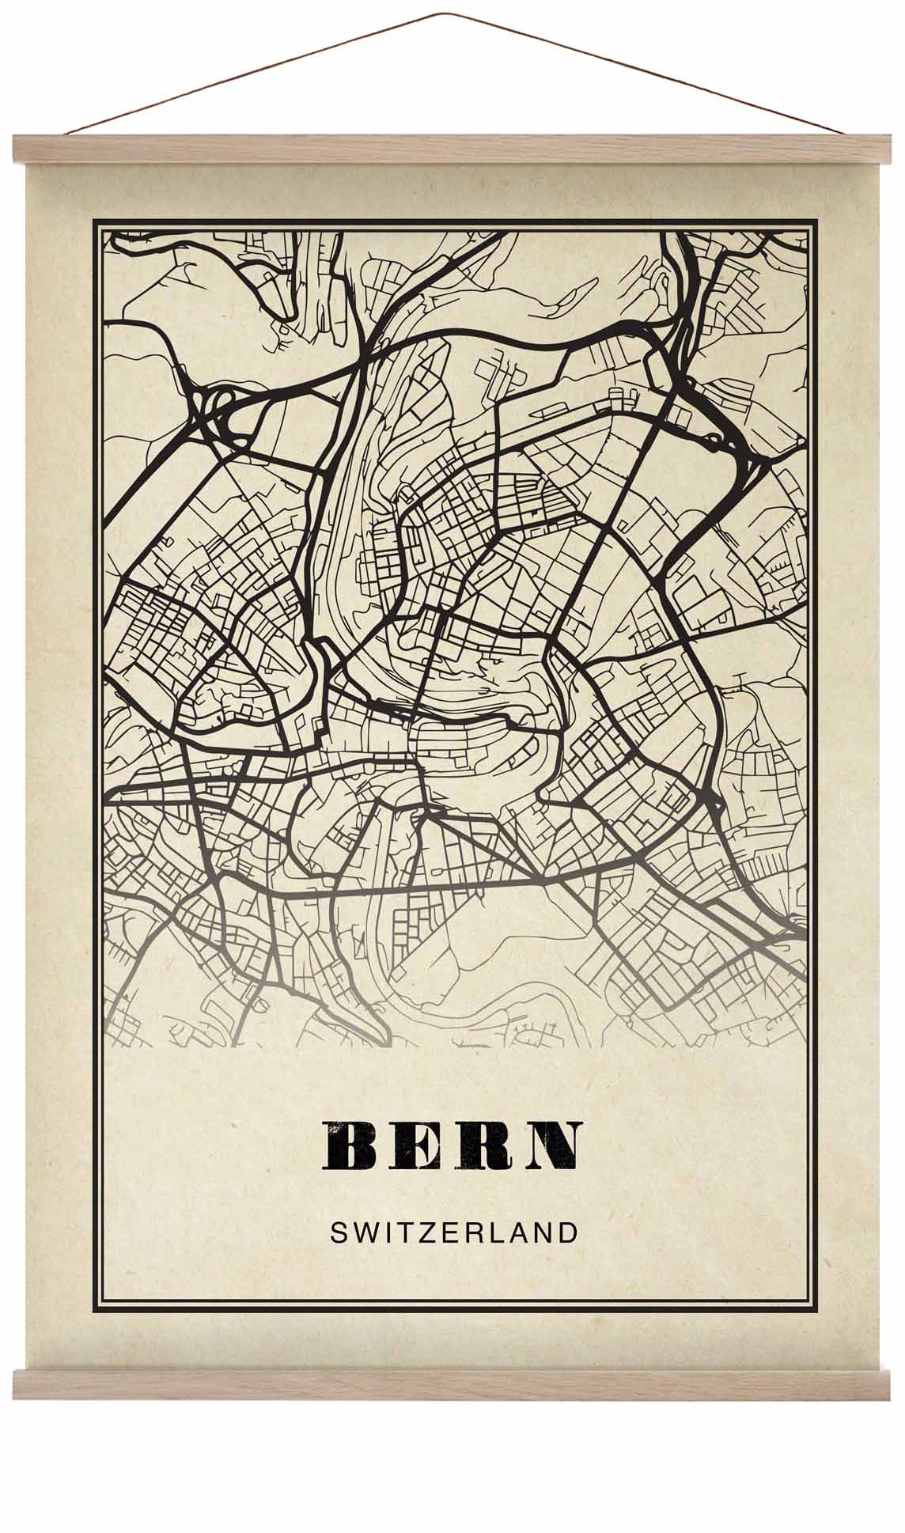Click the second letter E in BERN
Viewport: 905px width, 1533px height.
418,1145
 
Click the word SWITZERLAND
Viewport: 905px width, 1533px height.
453,1232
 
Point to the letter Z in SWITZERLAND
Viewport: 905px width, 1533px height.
419,1232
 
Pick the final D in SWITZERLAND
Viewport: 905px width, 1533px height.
567,1232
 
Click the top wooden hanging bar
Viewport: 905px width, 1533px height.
452,149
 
